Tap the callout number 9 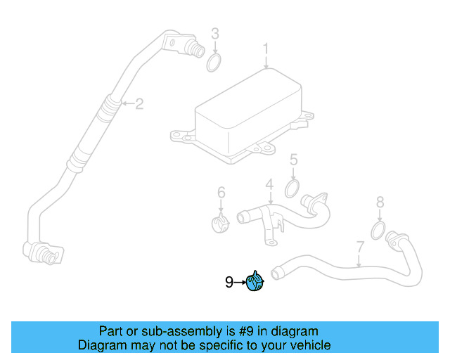click(x=229, y=283)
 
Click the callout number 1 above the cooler click(x=266, y=49)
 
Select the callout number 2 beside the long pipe click(x=139, y=104)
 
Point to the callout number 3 click(x=215, y=33)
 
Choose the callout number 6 click(x=221, y=192)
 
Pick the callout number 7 click(x=359, y=247)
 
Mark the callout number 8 click(x=380, y=202)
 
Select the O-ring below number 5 click(x=293, y=187)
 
